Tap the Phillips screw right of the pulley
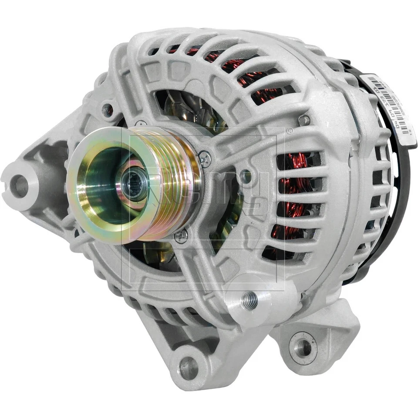click(205, 158)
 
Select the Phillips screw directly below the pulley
click(182, 236)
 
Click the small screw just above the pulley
click(140, 124)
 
